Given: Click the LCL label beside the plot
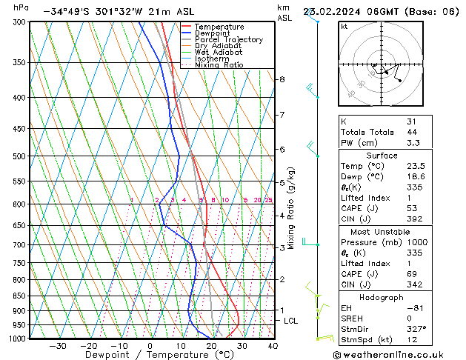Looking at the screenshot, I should coord(291,321).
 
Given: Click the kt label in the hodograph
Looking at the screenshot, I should coord(344,26).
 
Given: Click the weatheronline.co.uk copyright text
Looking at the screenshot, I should coord(396,353).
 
